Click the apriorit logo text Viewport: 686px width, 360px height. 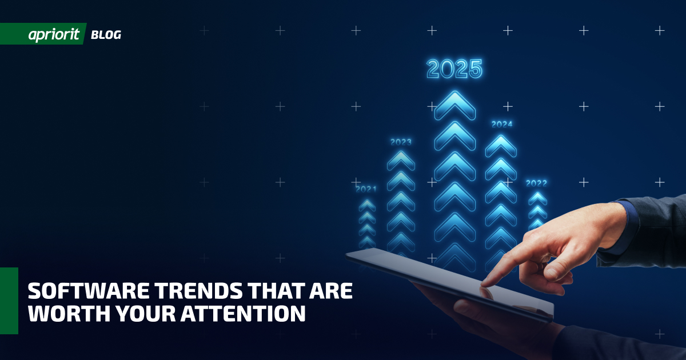click(54, 35)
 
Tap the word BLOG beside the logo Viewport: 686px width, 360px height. click(106, 35)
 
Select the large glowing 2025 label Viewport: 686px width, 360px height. click(454, 69)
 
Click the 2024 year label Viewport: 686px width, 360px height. click(502, 124)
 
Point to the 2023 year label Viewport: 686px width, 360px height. click(401, 142)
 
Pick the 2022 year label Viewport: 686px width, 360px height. click(536, 183)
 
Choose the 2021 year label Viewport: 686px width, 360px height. click(366, 189)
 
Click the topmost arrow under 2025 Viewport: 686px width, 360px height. click(455, 105)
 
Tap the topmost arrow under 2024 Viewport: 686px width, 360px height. click(501, 146)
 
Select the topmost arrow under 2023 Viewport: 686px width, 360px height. click(401, 161)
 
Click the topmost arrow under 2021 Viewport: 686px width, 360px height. click(367, 205)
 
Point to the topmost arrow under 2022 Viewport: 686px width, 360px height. click(537, 198)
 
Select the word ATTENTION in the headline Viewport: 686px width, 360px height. click(243, 313)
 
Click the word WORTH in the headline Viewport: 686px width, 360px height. click(69, 313)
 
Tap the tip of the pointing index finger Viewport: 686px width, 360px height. click(483, 285)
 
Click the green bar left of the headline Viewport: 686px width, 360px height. click(9, 301)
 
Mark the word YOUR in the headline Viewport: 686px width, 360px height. click(145, 313)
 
